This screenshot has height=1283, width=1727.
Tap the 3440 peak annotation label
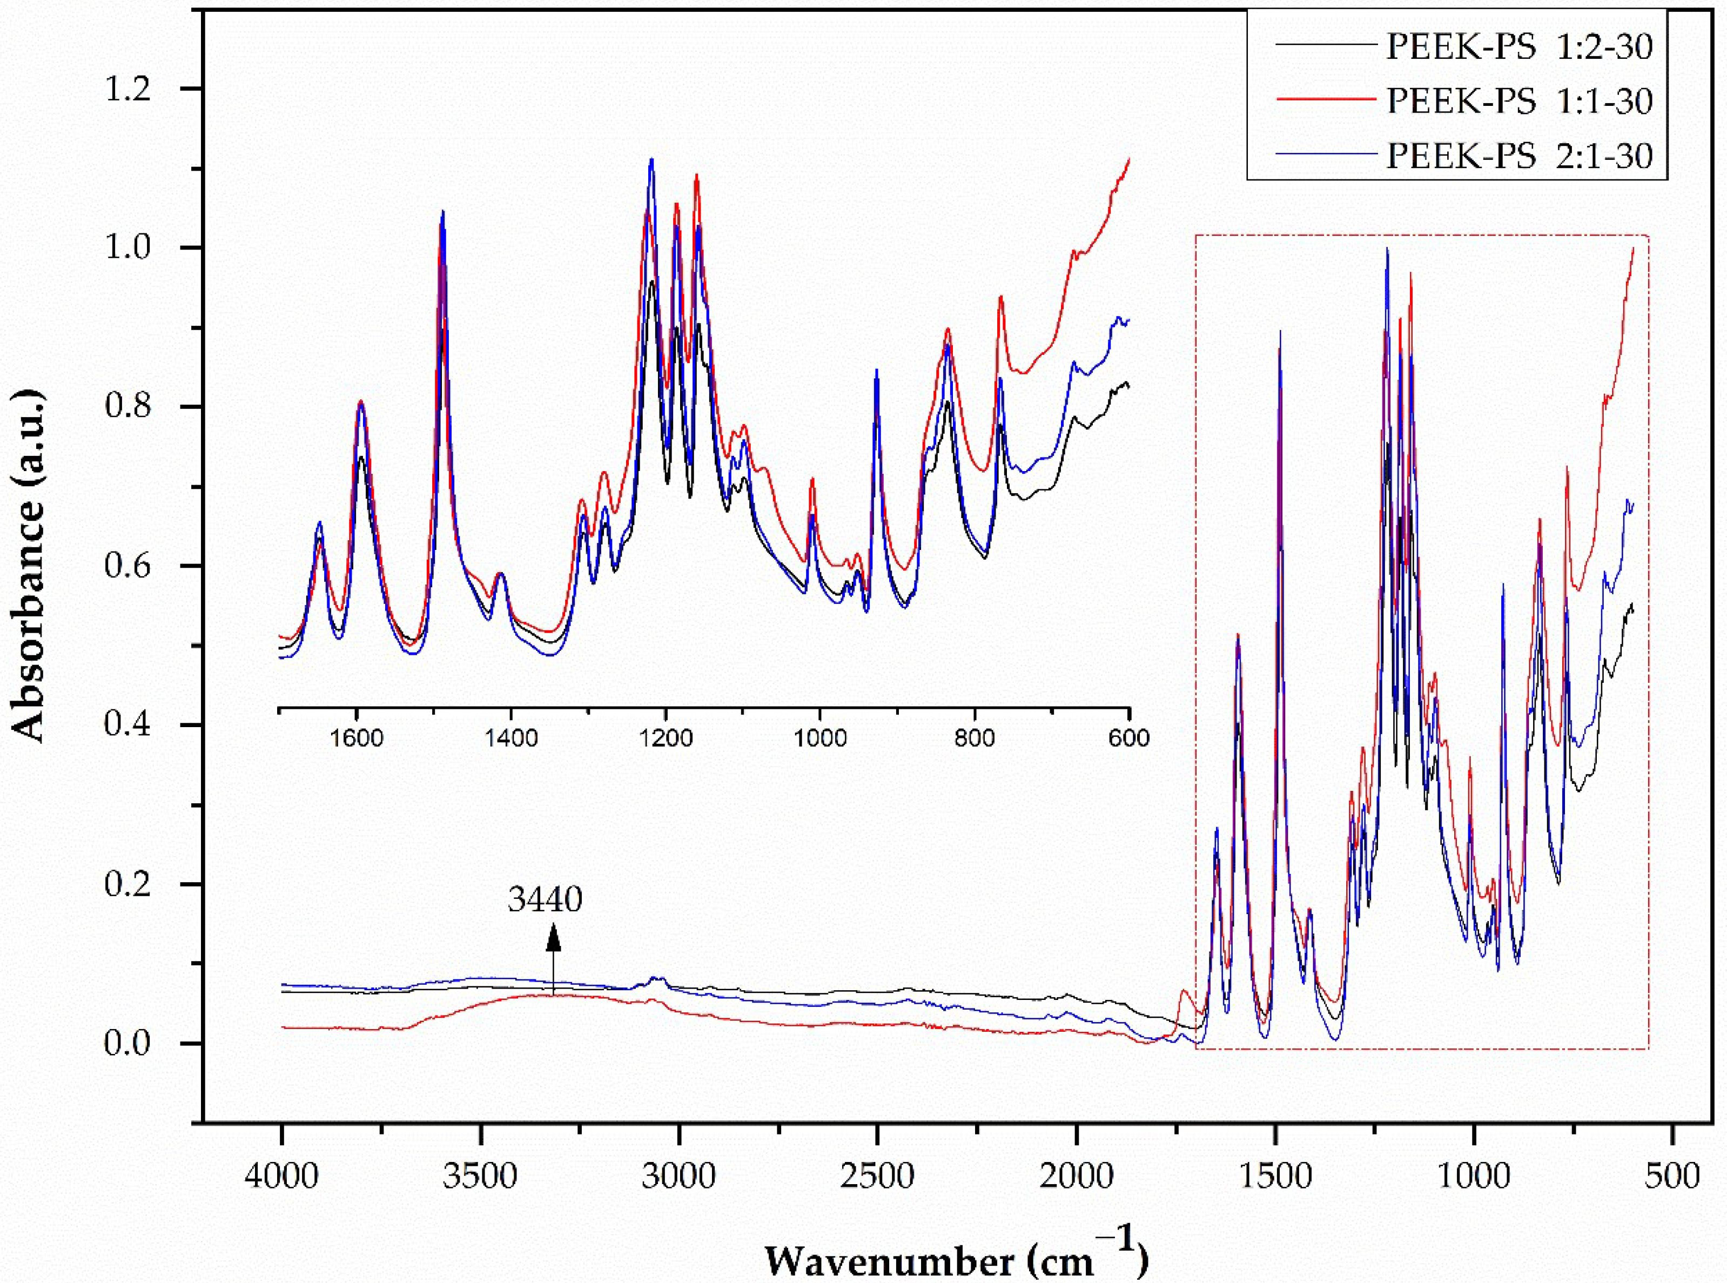(545, 899)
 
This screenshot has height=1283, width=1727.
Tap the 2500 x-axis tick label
(877, 1177)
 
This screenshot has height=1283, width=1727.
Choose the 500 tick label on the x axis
(1672, 1177)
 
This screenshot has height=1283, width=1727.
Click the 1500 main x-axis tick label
(1275, 1177)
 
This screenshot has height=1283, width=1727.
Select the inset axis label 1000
(819, 738)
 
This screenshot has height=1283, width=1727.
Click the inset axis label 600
(1128, 738)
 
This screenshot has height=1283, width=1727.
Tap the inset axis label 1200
(666, 738)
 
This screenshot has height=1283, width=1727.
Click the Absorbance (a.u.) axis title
(30, 566)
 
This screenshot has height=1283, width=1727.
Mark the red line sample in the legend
(1325, 100)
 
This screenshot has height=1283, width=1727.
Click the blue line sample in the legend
(1325, 155)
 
